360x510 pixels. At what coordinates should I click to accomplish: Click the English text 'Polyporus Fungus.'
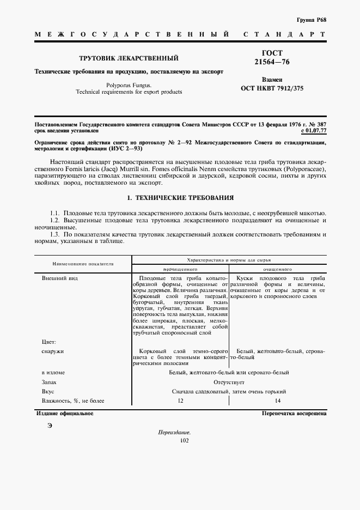coord(129,85)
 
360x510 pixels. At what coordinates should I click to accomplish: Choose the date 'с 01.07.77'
coord(313,131)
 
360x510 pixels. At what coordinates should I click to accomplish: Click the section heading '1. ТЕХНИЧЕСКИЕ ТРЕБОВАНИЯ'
coord(180,197)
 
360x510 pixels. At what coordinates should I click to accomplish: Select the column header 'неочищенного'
coord(180,269)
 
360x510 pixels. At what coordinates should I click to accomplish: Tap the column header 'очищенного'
coord(278,269)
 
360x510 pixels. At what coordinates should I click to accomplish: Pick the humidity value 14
coord(278,401)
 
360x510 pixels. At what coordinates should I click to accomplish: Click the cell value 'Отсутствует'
coord(229,382)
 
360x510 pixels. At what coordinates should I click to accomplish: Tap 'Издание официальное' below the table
coord(64,414)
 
